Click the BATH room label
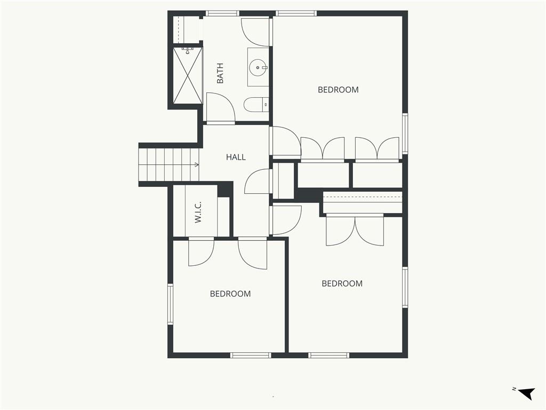(220, 73)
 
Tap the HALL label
(236, 157)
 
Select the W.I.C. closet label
(198, 212)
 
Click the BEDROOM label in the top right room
(338, 90)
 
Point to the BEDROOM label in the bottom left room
(230, 294)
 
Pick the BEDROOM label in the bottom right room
(342, 283)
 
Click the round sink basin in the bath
(258, 67)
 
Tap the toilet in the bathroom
(256, 104)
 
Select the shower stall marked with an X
(188, 75)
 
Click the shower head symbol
(188, 51)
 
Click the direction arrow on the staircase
(196, 164)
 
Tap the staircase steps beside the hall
(169, 164)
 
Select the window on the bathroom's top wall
(222, 13)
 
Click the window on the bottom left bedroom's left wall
(170, 304)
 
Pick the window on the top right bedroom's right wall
(405, 134)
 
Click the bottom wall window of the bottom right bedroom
(328, 355)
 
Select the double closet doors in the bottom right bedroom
(355, 230)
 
